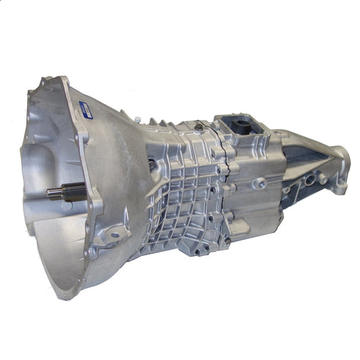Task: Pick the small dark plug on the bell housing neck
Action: (155, 163)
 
